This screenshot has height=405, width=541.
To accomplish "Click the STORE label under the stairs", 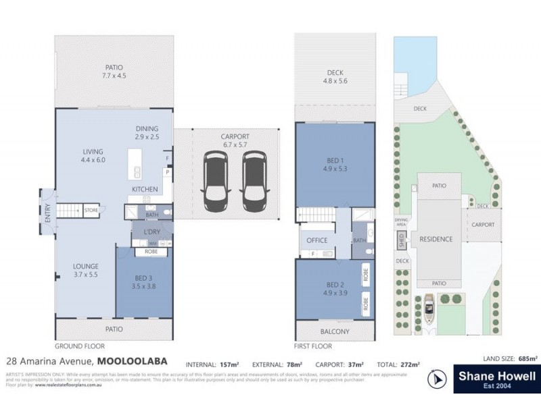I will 91,211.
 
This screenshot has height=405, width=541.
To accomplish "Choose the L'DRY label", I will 150,232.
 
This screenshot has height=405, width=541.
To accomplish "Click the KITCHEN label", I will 145,190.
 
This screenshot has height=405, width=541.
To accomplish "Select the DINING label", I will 146,128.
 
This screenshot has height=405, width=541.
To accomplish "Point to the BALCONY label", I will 335,331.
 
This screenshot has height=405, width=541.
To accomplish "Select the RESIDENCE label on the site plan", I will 436,239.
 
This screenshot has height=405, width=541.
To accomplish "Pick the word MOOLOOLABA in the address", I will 132,361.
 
